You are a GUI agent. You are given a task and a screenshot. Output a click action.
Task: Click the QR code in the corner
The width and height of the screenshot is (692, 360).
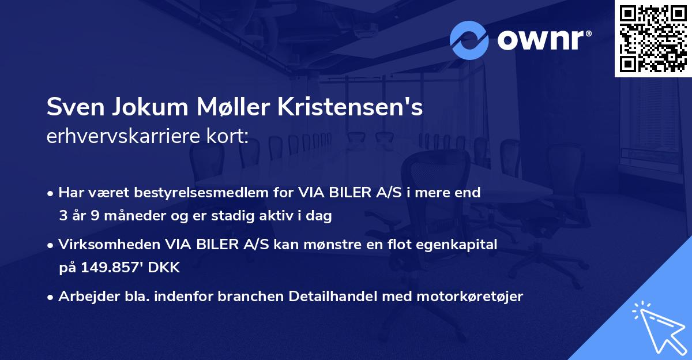[x=653, y=38]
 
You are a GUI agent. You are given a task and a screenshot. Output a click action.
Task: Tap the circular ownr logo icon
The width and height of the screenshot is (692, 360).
[x=469, y=40]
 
